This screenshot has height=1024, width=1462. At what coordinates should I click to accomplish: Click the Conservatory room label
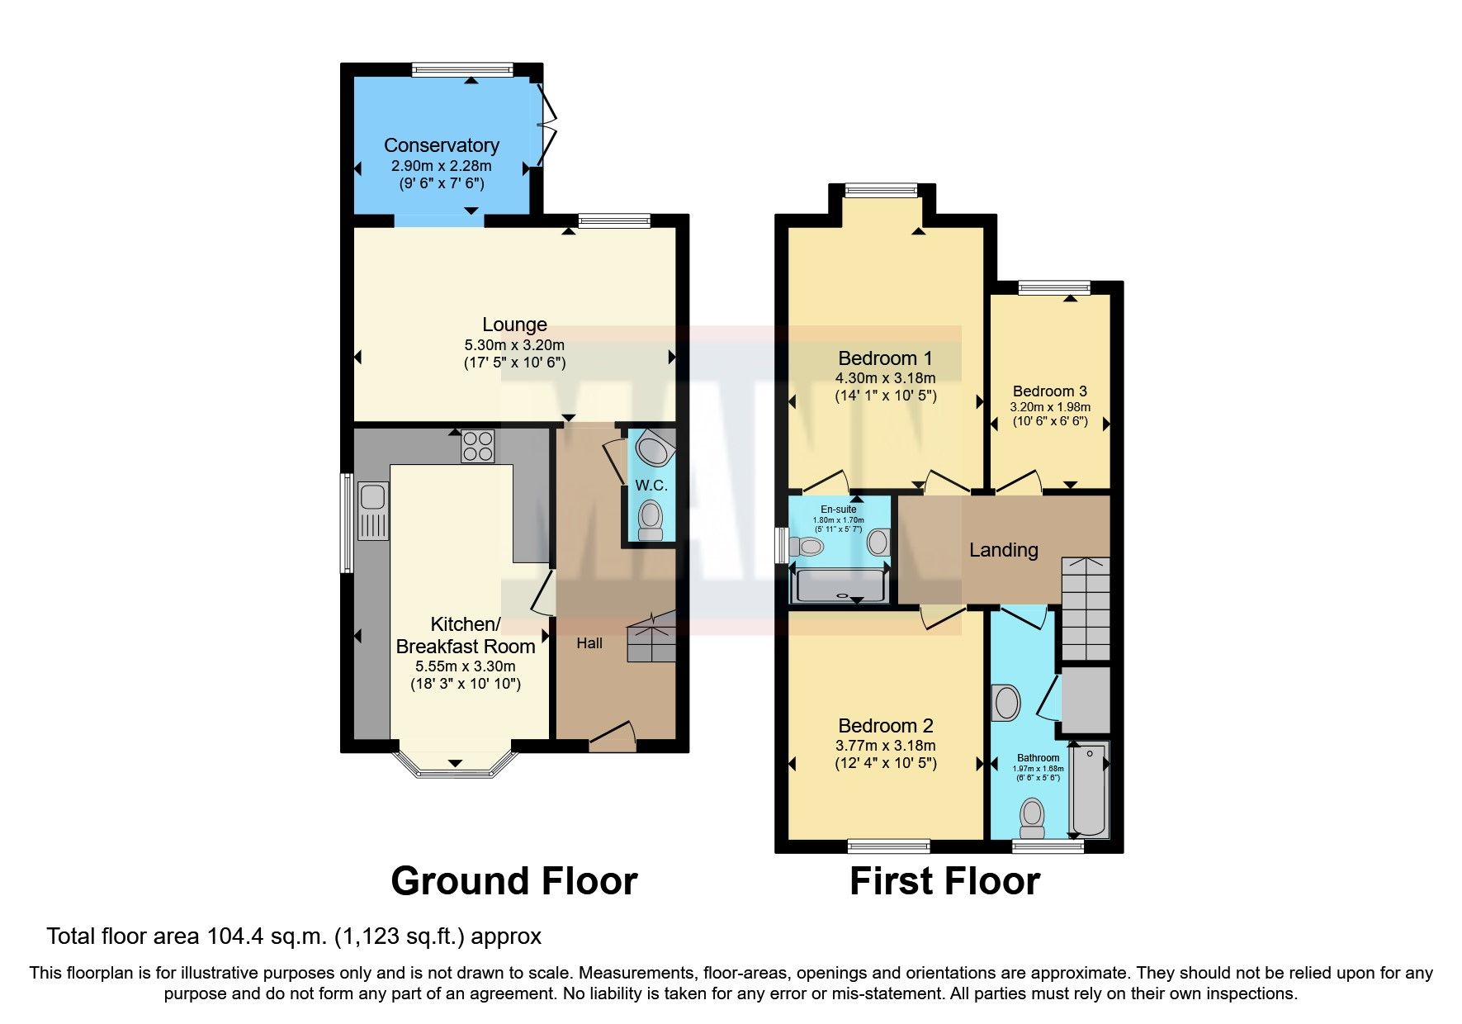(441, 145)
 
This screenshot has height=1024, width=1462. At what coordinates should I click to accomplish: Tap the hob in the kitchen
(478, 446)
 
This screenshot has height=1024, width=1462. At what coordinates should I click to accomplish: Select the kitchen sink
(373, 511)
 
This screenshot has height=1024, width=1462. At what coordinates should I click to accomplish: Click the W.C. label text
(651, 486)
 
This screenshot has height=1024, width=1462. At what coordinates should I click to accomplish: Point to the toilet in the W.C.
(651, 519)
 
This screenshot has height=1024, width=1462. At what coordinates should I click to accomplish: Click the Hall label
(589, 643)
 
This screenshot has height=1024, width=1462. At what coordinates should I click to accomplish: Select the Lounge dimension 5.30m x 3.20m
(514, 344)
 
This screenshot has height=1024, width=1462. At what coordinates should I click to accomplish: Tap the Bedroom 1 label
(884, 358)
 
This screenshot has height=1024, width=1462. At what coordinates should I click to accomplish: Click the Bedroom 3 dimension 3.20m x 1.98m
(1050, 407)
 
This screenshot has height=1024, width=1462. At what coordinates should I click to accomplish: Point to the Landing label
(1003, 550)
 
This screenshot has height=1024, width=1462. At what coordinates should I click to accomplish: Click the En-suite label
(838, 510)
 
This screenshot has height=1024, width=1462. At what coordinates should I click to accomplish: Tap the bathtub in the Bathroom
(1089, 789)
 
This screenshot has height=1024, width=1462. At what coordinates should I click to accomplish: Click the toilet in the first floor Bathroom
(1032, 816)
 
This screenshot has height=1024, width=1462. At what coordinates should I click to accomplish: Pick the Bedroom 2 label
(885, 726)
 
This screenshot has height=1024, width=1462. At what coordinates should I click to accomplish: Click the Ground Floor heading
(513, 881)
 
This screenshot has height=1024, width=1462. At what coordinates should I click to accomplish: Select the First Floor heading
(944, 881)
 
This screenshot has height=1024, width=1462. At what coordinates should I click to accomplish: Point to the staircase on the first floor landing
(1085, 609)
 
